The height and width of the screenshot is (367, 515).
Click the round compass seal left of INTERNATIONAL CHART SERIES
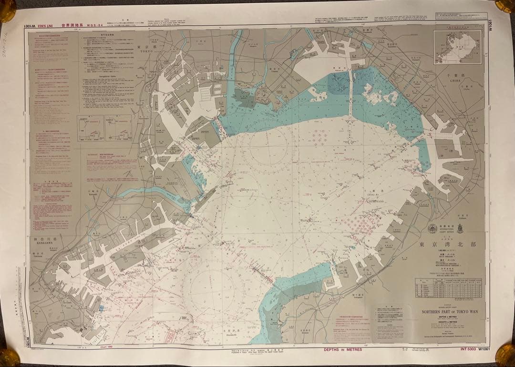coord(432,228)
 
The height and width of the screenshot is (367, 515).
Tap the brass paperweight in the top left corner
coord(7,10)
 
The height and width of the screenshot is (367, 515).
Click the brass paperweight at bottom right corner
coord(505,355)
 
